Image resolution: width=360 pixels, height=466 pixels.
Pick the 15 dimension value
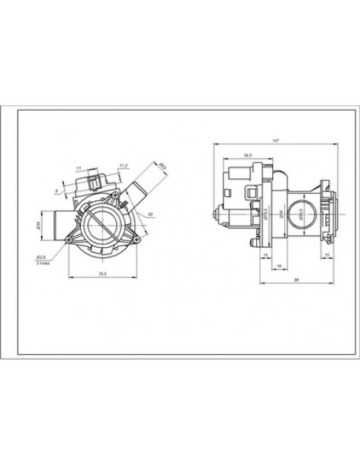327,255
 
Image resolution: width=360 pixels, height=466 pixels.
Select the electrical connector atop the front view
96,182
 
